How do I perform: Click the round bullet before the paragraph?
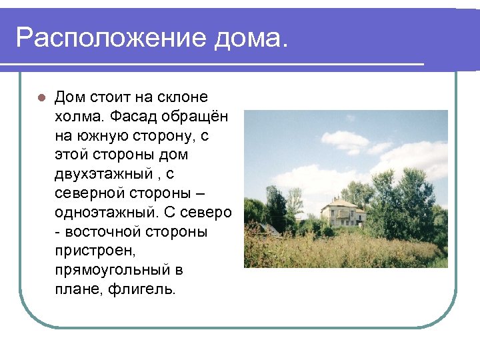(x=40, y=97)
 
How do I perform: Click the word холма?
(x=79, y=117)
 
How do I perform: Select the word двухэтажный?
(x=99, y=175)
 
